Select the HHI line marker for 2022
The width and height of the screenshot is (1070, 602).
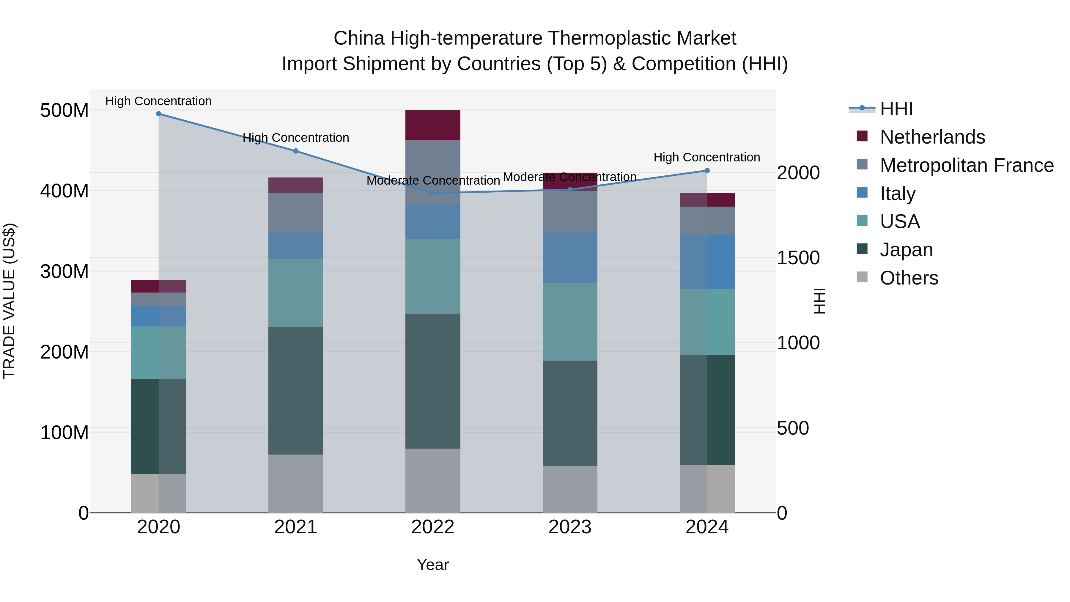[x=432, y=193]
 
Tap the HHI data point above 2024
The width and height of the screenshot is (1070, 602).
[x=707, y=170]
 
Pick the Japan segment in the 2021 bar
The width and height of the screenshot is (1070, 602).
[x=295, y=391]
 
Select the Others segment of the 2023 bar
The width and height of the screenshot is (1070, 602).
[x=569, y=489]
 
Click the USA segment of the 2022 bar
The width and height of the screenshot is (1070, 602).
[x=432, y=276]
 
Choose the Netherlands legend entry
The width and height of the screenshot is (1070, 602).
[x=932, y=137]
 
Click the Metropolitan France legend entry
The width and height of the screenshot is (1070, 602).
[x=966, y=165]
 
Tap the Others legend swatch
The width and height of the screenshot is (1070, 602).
[x=862, y=277]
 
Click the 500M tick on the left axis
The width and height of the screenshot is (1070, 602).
[x=64, y=111]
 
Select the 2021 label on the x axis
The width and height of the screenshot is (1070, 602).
[x=295, y=527]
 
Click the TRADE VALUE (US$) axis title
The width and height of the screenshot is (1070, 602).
[x=9, y=301]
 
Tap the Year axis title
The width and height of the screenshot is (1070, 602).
[x=432, y=565]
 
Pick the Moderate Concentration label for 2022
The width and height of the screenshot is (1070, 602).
[x=433, y=180]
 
